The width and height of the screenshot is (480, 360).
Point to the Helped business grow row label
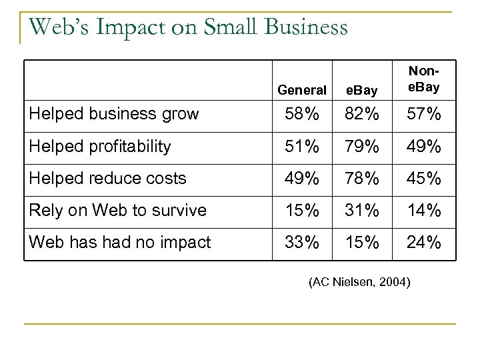pos(113,114)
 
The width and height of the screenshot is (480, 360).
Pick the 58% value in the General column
pos(302,114)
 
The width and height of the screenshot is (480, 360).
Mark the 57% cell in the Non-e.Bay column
pos(424,114)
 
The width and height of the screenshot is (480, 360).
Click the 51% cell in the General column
pos(302,146)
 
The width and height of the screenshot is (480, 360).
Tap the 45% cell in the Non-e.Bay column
pos(424,178)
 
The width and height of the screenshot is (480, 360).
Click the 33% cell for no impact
pos(302,243)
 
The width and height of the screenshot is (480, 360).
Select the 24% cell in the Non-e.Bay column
pos(424,243)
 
